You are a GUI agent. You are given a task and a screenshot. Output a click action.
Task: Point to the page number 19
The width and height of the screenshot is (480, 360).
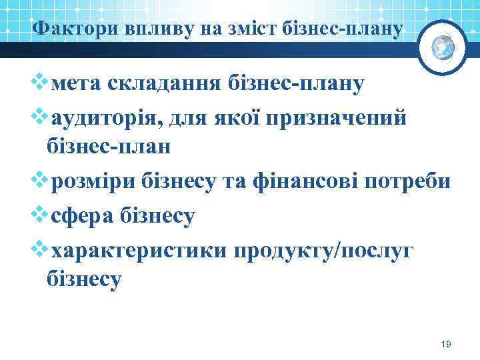tap(446, 344)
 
